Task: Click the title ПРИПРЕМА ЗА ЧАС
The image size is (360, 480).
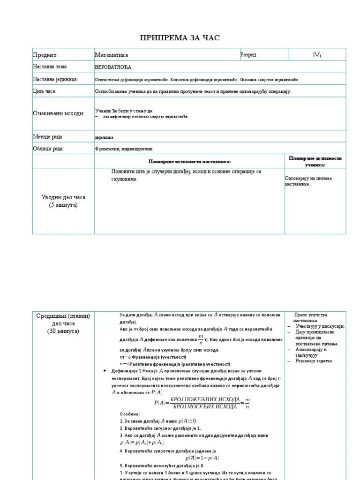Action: (180, 38)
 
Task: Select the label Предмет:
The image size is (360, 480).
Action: (45, 55)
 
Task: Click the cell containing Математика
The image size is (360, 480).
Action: (112, 55)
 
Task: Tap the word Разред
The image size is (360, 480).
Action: (248, 55)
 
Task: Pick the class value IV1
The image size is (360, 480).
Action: (317, 55)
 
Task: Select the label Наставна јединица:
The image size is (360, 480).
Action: (56, 79)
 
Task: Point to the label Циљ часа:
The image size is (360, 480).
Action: (45, 91)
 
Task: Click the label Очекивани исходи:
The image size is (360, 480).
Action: (59, 114)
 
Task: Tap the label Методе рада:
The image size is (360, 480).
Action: (48, 137)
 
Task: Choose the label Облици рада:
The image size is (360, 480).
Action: (48, 149)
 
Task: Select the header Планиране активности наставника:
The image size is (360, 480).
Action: (189, 161)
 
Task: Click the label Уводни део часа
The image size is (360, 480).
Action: (63, 197)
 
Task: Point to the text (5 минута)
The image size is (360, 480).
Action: (63, 205)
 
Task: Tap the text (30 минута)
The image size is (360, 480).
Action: (63, 331)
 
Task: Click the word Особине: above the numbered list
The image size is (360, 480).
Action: (130, 414)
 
